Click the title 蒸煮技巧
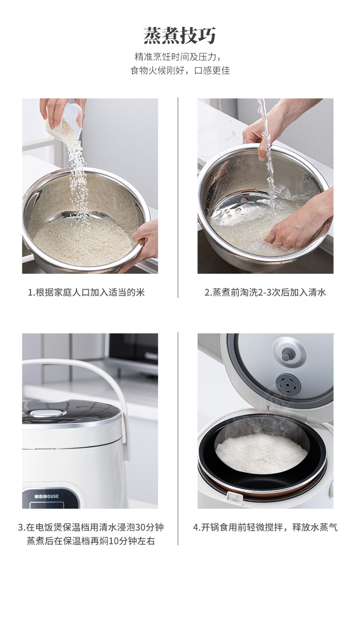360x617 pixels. click(x=180, y=36)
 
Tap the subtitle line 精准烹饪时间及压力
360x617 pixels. click(x=178, y=57)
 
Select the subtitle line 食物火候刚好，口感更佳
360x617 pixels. click(x=180, y=71)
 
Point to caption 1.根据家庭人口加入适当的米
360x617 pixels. click(x=86, y=292)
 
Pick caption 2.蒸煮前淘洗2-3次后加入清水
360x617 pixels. click(x=265, y=292)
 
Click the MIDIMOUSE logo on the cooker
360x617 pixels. click(x=46, y=497)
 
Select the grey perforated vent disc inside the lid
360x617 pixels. click(x=288, y=384)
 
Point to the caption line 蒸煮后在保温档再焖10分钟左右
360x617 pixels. click(x=91, y=541)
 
